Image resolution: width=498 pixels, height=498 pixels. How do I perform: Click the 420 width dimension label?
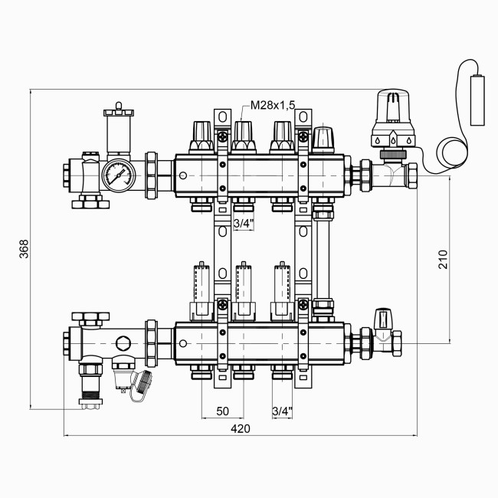click(240, 429)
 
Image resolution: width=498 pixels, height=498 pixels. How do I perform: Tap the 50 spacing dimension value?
click(222, 411)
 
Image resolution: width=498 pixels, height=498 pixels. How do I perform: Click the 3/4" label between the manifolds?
click(241, 224)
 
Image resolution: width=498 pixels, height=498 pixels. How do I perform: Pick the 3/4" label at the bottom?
click(282, 411)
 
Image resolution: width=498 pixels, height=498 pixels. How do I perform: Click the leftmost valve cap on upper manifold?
click(204, 134)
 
